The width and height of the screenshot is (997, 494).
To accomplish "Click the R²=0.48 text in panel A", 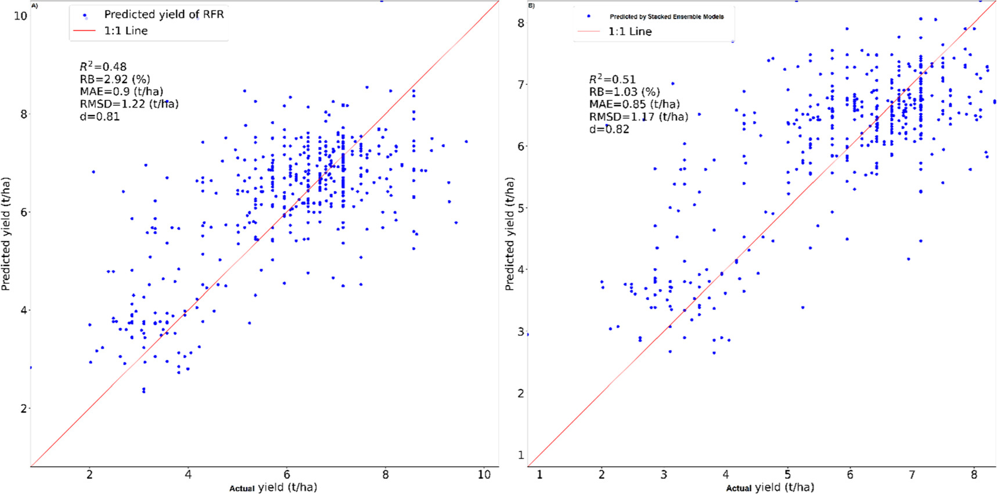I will pos(103,67).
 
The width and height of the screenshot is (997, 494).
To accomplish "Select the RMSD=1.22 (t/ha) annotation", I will pos(129,104).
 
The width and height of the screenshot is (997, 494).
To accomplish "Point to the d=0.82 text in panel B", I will pos(609,129).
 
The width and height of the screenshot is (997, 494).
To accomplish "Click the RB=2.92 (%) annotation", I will pos(115,79).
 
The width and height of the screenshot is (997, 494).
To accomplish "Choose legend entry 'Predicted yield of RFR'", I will pos(164,15).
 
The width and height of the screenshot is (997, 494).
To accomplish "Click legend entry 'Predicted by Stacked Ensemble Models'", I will pos(666,17).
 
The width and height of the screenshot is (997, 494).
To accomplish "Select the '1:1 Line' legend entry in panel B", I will pos(629,31).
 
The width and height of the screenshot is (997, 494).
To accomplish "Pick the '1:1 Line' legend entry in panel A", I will pos(125,31).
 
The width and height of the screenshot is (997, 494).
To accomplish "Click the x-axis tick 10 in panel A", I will pos(484,474).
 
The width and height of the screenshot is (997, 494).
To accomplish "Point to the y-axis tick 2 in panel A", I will pos(23,409).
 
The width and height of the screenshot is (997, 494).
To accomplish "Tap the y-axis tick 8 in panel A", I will pos(23,114).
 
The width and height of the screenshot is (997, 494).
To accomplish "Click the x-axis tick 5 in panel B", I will pos(787,474).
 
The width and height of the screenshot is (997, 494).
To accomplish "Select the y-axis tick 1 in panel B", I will pos(521,455).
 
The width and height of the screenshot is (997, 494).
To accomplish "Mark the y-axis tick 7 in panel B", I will pos(521,85).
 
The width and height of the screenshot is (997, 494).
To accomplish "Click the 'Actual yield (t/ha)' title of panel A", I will pos(273,487).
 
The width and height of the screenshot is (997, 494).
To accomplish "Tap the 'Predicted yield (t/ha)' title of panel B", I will pos(509,234).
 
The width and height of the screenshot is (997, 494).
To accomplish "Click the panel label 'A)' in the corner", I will pos(34,6).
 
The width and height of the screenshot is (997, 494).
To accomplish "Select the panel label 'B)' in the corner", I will pos(531,6).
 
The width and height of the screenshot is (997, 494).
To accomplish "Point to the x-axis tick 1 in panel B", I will pos(539,474).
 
